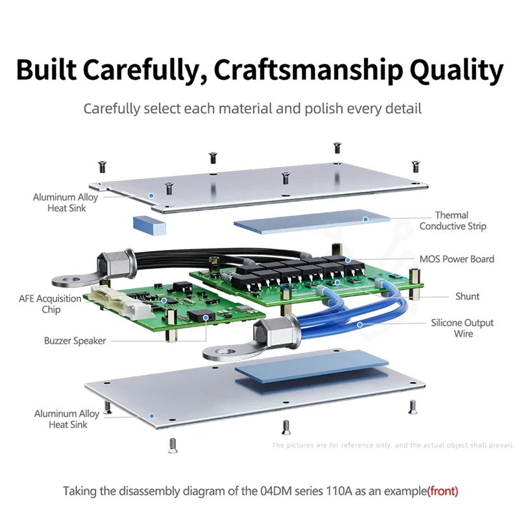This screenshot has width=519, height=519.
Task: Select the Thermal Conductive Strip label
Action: coord(452,221)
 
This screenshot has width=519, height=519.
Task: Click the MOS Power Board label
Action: coord(457,259)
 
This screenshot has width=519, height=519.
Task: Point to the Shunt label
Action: coord(467,296)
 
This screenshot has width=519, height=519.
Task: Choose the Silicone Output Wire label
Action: coord(462,328)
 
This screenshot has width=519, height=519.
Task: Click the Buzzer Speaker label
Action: coord(75,341)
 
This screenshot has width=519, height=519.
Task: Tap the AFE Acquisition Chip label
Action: coord(50,304)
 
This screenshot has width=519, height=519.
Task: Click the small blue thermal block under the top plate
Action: coord(149,225)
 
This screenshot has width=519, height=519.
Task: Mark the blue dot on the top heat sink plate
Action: coord(151,196)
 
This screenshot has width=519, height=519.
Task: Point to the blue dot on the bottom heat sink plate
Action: coord(152,416)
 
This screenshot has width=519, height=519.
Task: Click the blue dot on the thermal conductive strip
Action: coord(365,219)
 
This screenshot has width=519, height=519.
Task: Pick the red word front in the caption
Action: coord(443,491)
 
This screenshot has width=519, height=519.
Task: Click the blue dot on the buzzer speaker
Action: coord(206,318)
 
